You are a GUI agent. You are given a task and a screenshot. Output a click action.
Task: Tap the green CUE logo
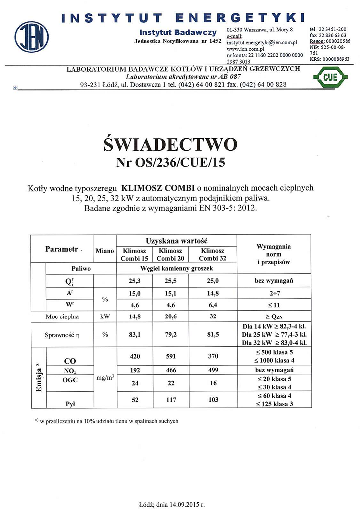tap(330, 77)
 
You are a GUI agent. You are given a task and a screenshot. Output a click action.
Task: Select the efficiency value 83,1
tap(134, 334)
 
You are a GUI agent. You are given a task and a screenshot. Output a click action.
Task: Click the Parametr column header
tap(62, 249)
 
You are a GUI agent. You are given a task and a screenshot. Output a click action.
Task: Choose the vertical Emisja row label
tap(39, 379)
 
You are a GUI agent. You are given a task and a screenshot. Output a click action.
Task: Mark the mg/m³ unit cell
tap(105, 379)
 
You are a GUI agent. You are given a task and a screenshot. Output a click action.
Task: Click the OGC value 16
tap(212, 382)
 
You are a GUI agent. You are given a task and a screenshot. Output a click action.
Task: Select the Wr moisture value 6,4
tap(212, 305)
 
